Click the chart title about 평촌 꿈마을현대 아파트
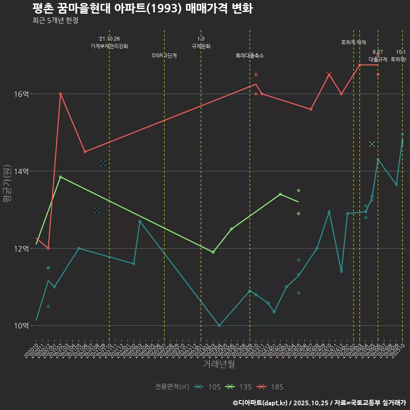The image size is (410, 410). pos(142,9)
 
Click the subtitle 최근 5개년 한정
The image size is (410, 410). pos(55,20)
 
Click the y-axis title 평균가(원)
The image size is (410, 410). pos(8,183)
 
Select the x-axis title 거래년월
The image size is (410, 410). pos(219,364)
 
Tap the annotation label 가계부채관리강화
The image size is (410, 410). pos(109,46)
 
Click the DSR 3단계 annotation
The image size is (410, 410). pos(164,56)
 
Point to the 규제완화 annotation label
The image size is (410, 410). pos(201,46)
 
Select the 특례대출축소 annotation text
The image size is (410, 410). pos(250,56)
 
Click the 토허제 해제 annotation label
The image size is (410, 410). pos(354,42)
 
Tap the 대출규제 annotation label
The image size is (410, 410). pos(378,59)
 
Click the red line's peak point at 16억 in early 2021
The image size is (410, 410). pos(61,94)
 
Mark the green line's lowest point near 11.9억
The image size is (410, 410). pos(213,252)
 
